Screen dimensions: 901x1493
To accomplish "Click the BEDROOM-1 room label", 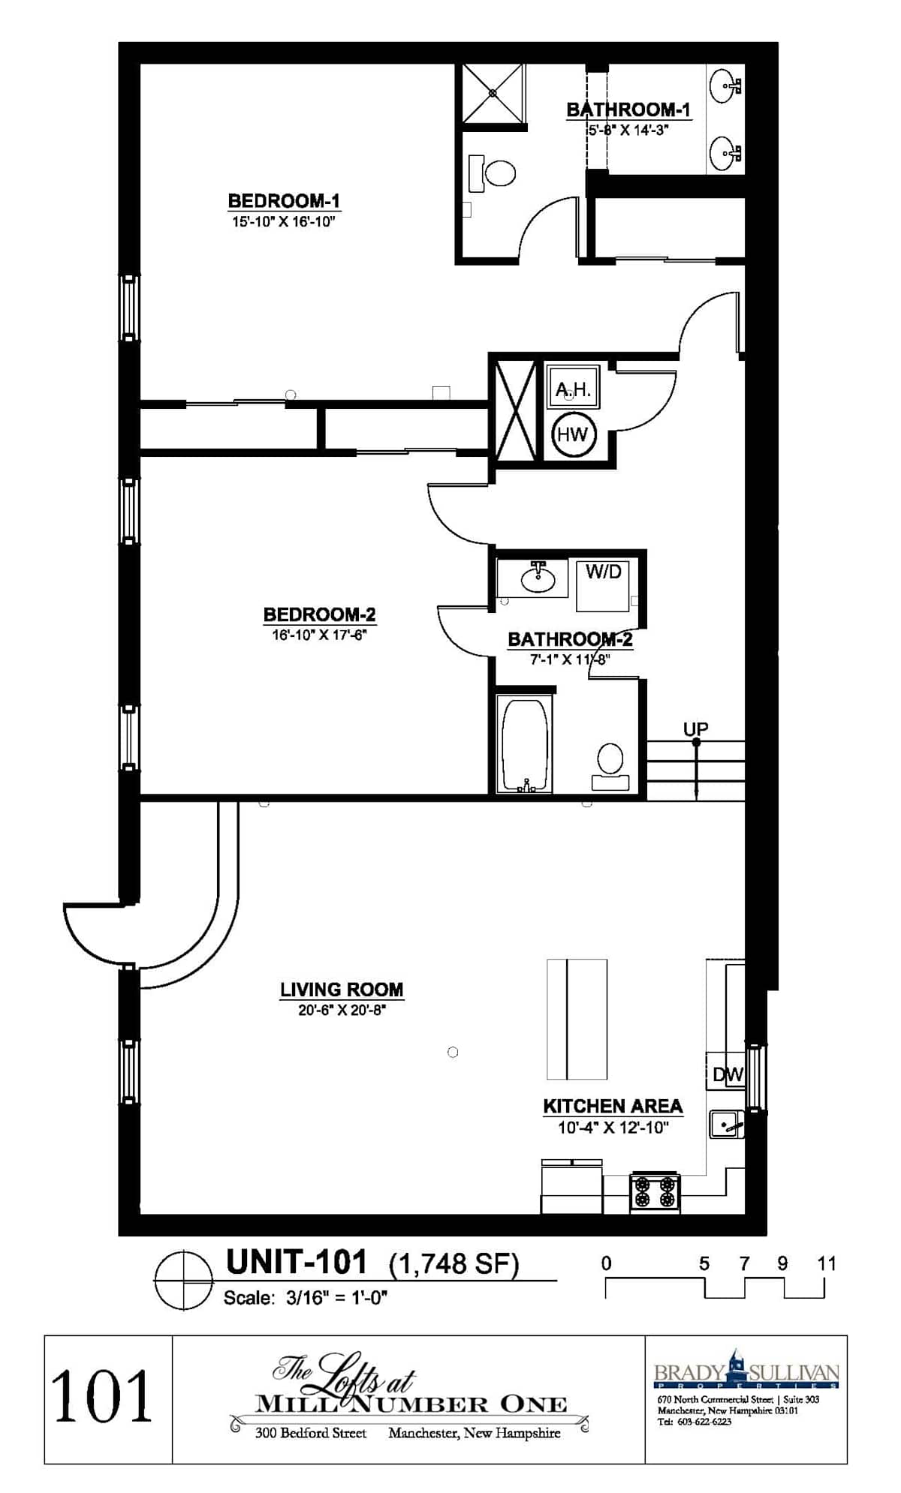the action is click(x=284, y=201).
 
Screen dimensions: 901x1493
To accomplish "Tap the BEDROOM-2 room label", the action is click(x=319, y=614).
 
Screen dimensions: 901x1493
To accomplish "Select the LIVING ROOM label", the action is click(x=342, y=990).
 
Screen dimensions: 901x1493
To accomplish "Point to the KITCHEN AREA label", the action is click(x=613, y=1106).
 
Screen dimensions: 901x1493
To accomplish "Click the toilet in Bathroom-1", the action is click(x=493, y=173).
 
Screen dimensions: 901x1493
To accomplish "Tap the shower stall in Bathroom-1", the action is click(x=493, y=93).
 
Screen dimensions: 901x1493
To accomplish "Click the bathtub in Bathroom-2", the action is click(x=525, y=743).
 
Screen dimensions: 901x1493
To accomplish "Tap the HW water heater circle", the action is click(x=573, y=434).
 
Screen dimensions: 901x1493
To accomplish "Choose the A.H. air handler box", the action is click(x=573, y=387).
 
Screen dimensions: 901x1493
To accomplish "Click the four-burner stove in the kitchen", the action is click(x=655, y=1192).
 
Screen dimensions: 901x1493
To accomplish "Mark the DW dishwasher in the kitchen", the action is click(x=725, y=1073).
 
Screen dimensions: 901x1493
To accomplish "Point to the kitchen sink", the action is click(x=726, y=1125).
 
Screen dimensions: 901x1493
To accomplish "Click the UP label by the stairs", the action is click(x=695, y=728).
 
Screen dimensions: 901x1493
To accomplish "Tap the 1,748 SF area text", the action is click(x=454, y=1265).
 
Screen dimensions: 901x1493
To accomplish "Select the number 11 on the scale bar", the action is click(x=826, y=1264).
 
